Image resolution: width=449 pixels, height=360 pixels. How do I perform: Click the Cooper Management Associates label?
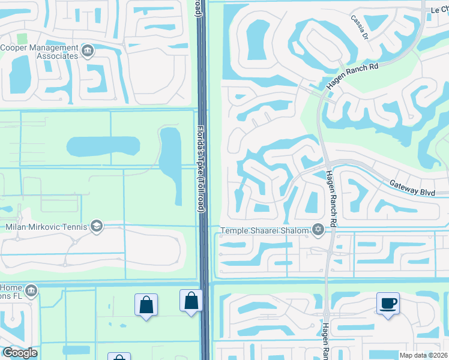(x=40, y=52)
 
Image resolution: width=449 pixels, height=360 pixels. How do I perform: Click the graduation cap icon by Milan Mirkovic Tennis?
(x=96, y=226)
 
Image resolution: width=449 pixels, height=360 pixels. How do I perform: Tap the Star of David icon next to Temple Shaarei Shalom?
(x=318, y=229)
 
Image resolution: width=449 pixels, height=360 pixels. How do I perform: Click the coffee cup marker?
(x=388, y=303)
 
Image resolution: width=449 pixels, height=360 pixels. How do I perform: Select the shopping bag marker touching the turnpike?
(x=191, y=300)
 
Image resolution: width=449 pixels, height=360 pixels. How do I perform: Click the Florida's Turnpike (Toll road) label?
(x=201, y=168)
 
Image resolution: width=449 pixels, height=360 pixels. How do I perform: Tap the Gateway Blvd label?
(x=412, y=188)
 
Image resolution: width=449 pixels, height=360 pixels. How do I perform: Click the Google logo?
(x=19, y=353)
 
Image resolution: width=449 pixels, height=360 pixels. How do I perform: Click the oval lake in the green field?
(x=103, y=146)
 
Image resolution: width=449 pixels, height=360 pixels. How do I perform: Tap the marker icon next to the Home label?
(x=31, y=292)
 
